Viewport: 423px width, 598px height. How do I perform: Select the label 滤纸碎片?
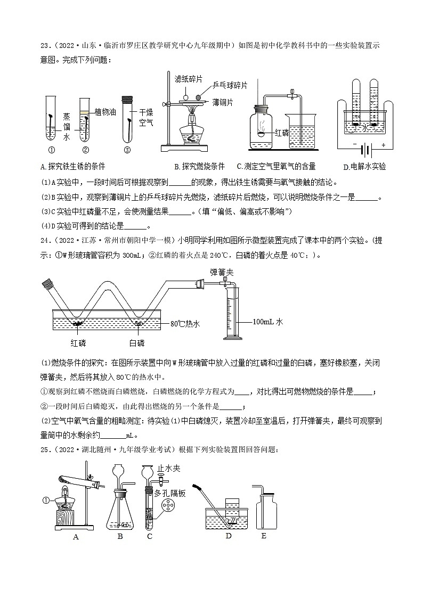189,78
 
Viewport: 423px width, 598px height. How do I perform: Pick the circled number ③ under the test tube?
127,150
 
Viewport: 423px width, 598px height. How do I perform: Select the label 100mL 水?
267,322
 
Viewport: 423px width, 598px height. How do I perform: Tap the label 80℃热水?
185,323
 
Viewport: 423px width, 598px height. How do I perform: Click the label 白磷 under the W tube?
137,342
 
